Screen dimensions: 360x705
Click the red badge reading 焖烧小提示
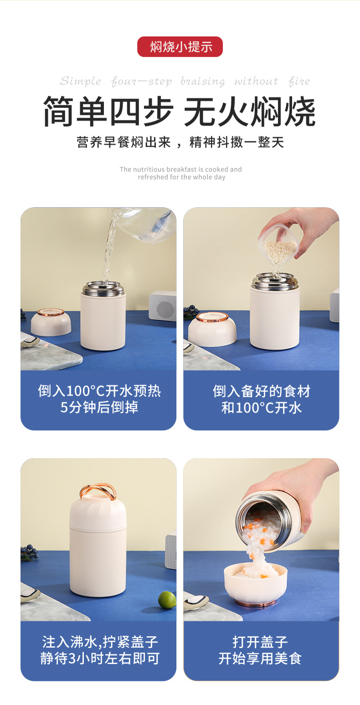tap(180, 46)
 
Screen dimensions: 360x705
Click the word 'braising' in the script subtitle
tap(202, 81)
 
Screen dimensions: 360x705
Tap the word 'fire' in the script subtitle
tap(298, 81)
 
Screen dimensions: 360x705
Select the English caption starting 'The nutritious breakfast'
tap(181, 173)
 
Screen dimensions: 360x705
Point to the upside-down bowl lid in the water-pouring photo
tap(51, 322)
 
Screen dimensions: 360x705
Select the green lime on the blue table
tap(167, 599)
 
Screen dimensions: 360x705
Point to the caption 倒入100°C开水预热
tap(99, 391)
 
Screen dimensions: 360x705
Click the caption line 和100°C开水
tap(262, 408)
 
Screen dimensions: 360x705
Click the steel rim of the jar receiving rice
tap(275, 281)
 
